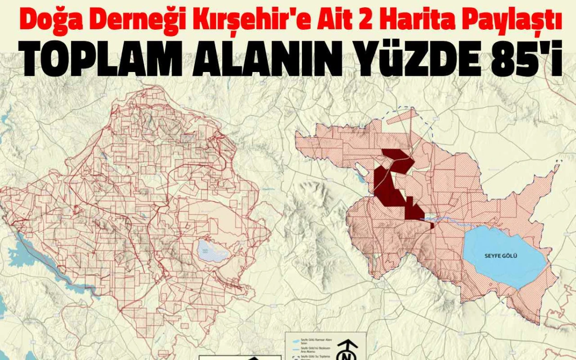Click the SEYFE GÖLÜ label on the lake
(x=501, y=255)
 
